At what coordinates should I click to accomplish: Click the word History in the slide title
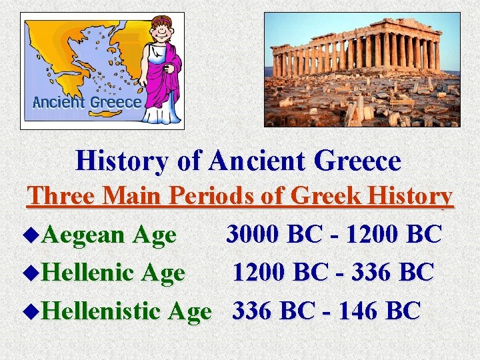coord(130,161)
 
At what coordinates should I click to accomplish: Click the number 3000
coord(254,234)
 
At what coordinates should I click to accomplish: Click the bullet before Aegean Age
coord(35,235)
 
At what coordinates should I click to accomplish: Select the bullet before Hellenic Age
coord(35,273)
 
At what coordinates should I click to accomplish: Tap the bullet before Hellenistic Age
coord(35,311)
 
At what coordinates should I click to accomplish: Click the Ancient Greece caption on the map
coord(87,102)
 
